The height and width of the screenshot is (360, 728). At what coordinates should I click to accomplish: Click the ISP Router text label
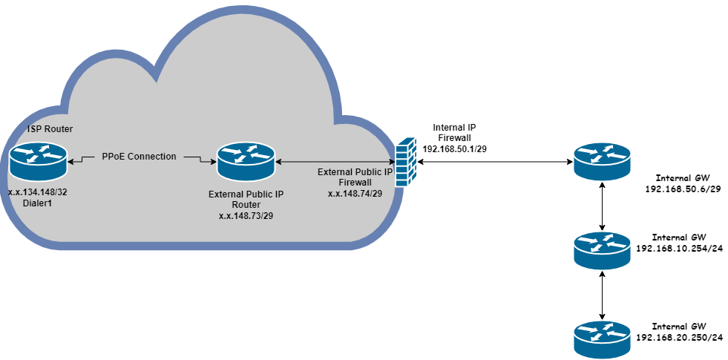point(50,129)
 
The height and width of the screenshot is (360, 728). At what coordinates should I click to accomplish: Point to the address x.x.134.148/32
point(38,192)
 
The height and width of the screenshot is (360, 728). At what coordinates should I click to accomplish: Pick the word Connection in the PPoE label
point(154,157)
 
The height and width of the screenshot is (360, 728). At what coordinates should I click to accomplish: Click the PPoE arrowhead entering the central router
point(212,160)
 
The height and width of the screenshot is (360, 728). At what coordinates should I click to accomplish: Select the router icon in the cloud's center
point(246,161)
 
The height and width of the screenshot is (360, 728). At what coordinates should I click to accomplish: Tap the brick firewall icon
point(406,160)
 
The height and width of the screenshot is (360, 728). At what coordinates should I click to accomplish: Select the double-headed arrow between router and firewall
point(334,160)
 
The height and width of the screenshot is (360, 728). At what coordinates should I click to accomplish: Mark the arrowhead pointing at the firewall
point(390,160)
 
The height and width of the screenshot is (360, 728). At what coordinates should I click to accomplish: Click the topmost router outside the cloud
point(602,161)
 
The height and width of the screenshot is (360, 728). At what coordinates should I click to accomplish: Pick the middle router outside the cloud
point(602,249)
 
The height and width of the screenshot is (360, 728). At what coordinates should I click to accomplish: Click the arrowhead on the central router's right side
point(279,160)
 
